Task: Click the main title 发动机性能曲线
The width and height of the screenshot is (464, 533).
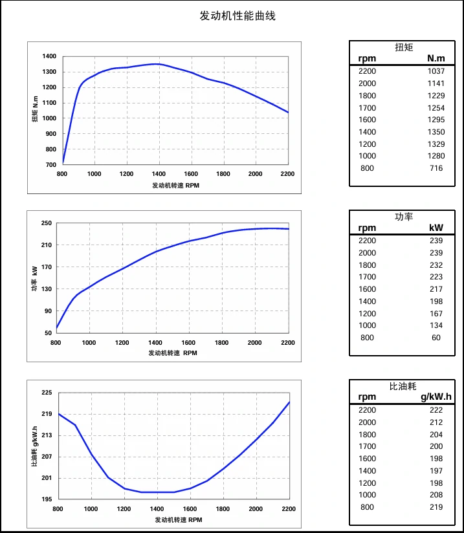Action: point(238,16)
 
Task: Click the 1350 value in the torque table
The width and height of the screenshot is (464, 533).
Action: point(436,132)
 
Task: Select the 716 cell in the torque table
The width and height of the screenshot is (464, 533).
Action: point(436,168)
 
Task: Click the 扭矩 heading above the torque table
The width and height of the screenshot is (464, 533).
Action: point(404,47)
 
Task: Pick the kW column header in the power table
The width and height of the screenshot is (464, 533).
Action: point(436,228)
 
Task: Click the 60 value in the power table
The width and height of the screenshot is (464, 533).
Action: point(436,338)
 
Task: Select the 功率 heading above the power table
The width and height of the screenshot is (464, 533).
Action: point(404,217)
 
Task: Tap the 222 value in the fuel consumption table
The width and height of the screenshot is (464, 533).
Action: point(436,410)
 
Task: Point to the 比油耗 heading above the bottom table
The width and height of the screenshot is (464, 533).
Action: point(404,386)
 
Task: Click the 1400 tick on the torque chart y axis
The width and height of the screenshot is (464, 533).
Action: point(49,56)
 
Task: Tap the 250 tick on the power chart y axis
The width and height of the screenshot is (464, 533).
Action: point(46,223)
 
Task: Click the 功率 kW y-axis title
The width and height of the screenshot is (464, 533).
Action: point(34,278)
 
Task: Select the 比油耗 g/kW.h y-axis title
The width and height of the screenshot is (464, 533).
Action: point(34,446)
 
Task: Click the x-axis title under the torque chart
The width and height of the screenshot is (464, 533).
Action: point(176,185)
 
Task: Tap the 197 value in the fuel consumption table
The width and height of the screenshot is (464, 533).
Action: point(436,471)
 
